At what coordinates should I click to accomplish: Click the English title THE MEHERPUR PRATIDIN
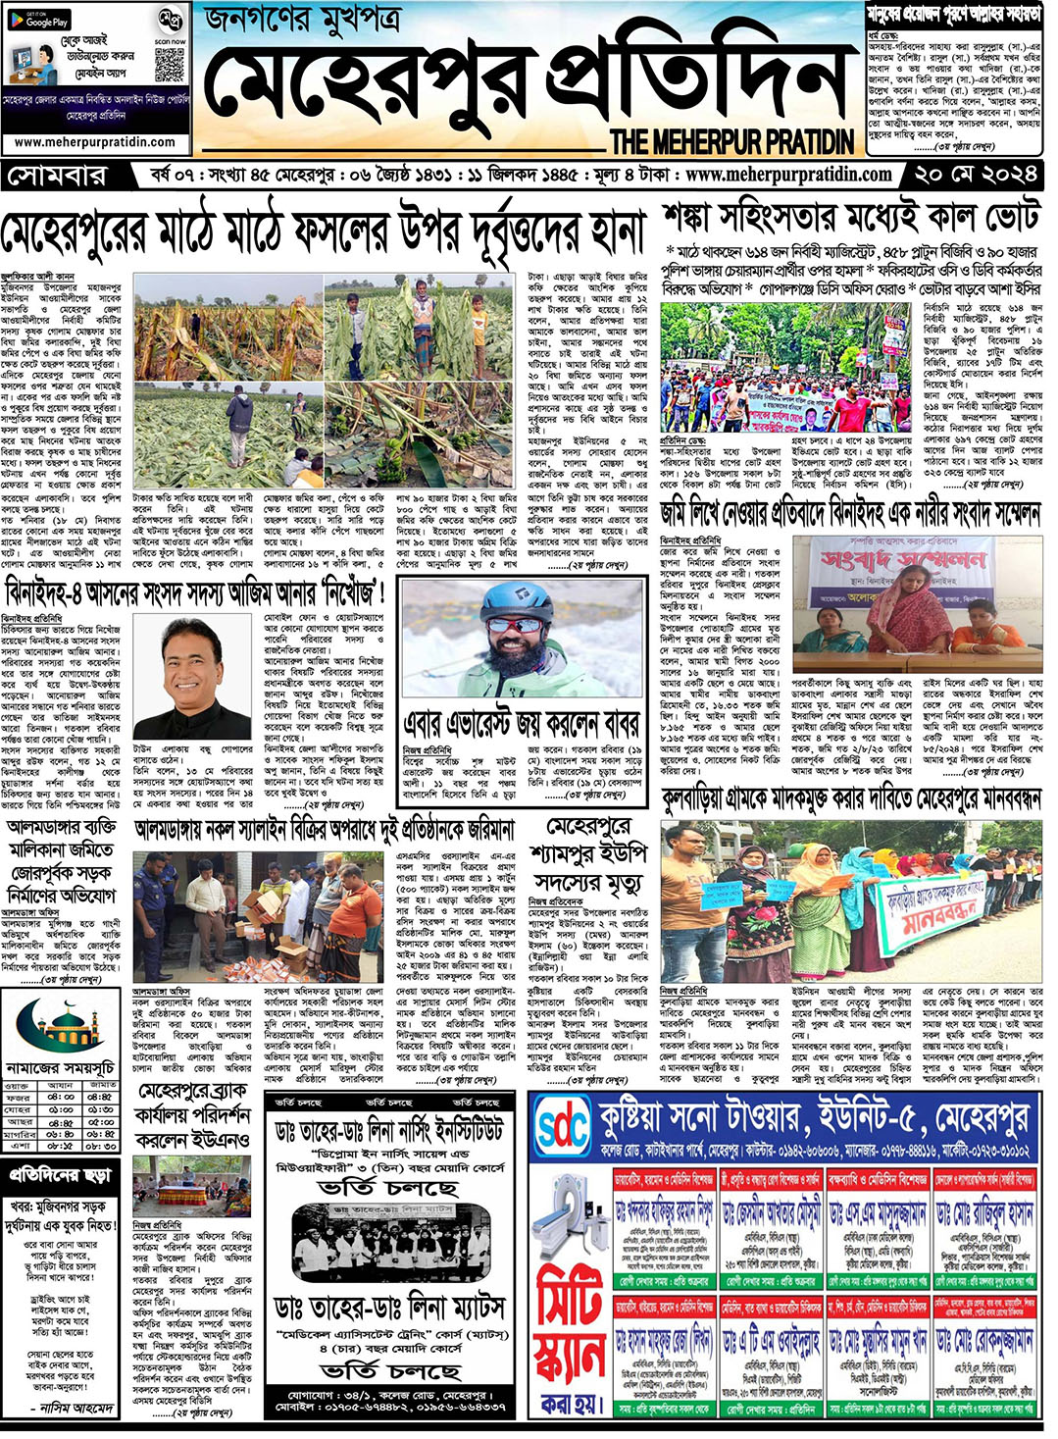tap(731, 141)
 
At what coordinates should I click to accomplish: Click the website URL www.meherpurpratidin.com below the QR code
tap(95, 142)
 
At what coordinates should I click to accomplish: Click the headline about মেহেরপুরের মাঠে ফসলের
tap(324, 232)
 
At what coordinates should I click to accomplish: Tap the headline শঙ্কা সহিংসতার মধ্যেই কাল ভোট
tap(850, 218)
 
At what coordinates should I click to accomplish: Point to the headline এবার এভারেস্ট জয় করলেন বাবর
tap(522, 725)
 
